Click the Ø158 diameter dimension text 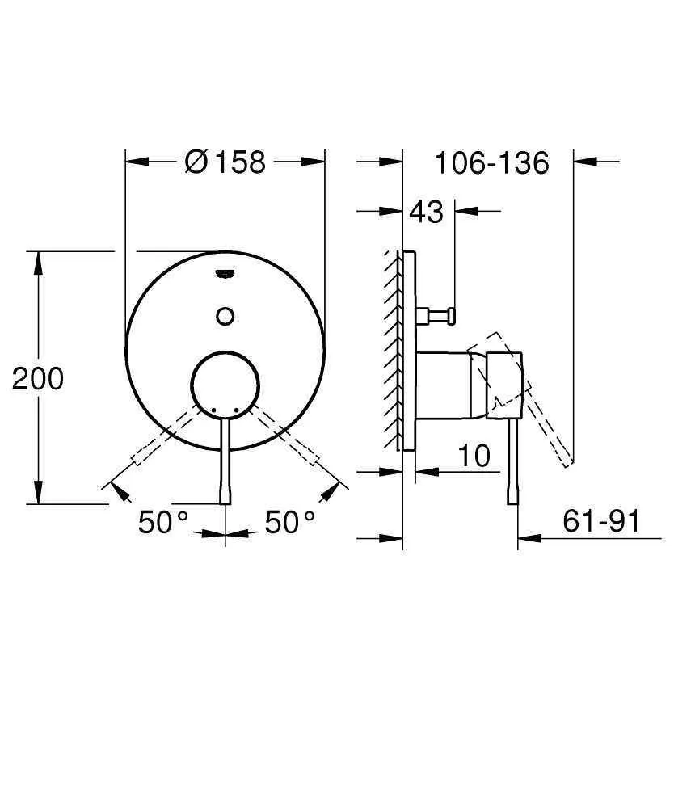coord(225,162)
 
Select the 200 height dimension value coord(37,377)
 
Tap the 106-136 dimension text coord(491,162)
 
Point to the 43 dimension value coord(426,212)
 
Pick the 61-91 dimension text coord(600,522)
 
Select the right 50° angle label coord(291,523)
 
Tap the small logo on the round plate coord(225,276)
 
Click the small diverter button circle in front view coord(225,316)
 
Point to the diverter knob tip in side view coord(453,314)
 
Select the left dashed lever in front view coord(162,436)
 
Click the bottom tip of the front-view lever coord(225,499)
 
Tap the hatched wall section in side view coord(394,347)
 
